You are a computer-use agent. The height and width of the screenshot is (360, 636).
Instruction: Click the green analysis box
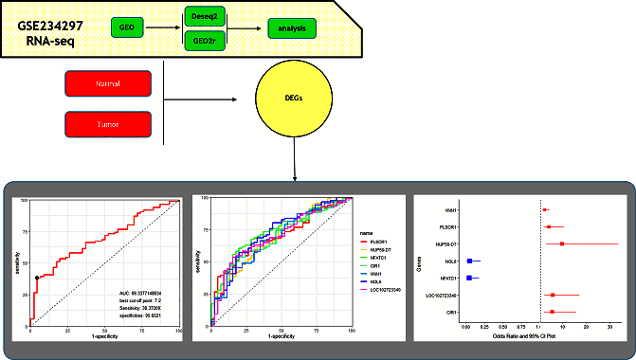pos(292,30)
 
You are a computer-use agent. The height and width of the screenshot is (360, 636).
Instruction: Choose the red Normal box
pos(107,83)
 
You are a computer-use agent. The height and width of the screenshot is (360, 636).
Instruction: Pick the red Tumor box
pos(107,123)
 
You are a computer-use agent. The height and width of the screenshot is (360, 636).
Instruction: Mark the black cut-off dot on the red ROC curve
pos(37,278)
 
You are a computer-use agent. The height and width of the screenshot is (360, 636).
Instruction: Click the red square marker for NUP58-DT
pos(562,243)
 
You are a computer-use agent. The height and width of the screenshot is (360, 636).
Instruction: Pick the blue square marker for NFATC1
pos(470,278)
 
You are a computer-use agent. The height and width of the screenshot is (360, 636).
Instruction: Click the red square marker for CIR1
pos(551,312)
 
